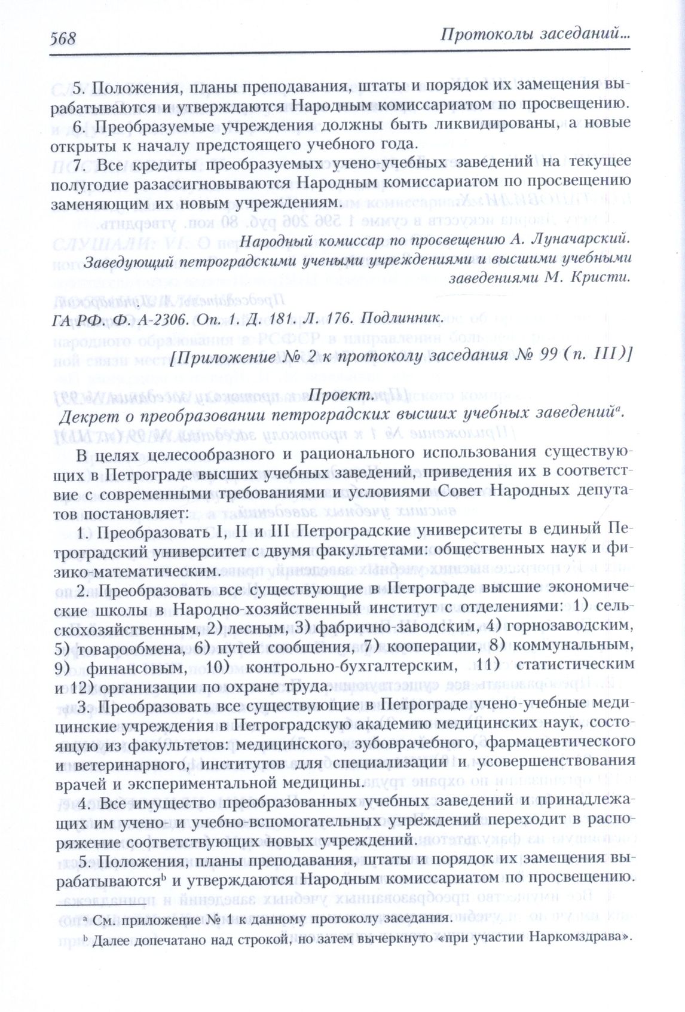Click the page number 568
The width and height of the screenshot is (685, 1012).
(x=63, y=38)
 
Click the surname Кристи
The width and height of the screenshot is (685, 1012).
(x=605, y=277)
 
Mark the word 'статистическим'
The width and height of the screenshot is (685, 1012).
(x=575, y=664)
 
